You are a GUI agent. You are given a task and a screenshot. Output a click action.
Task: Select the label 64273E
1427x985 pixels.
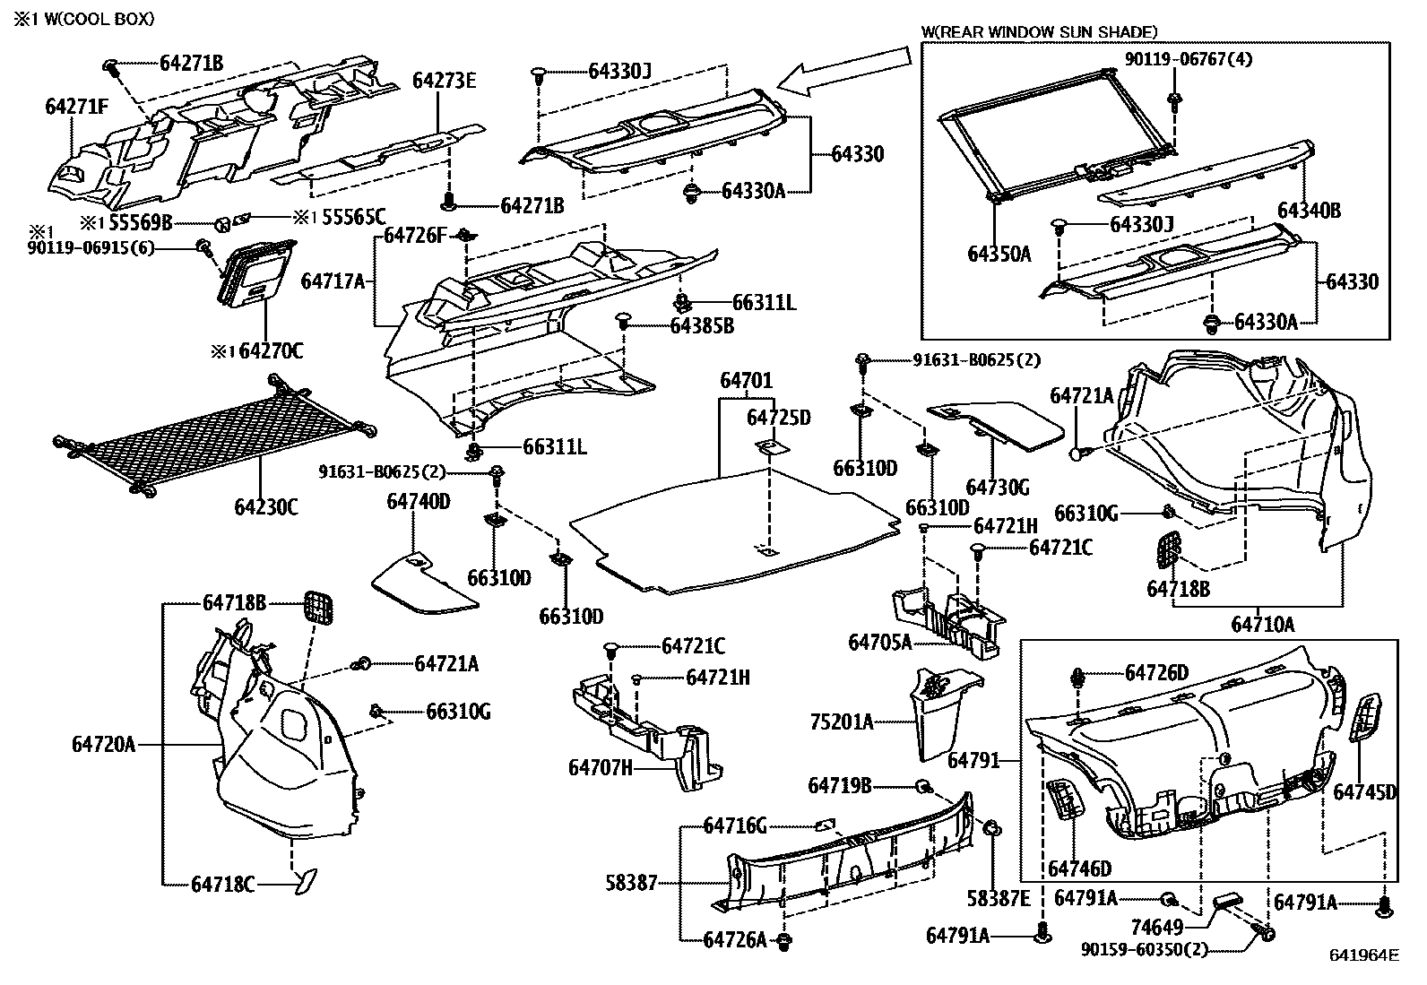(444, 81)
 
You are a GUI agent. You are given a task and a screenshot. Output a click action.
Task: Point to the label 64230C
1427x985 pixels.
(266, 507)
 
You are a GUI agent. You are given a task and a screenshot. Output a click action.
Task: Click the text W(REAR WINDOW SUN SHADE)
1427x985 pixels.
(1040, 32)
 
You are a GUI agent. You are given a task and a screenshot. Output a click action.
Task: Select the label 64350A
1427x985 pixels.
(999, 254)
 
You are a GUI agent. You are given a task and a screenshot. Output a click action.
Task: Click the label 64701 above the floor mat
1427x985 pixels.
(746, 382)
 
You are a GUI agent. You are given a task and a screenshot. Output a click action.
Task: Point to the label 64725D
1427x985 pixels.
(778, 419)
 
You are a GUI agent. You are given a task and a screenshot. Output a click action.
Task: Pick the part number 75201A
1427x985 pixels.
(841, 721)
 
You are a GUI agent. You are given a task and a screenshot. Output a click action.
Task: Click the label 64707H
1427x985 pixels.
(601, 767)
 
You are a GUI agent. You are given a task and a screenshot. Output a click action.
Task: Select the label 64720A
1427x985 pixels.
(104, 744)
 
